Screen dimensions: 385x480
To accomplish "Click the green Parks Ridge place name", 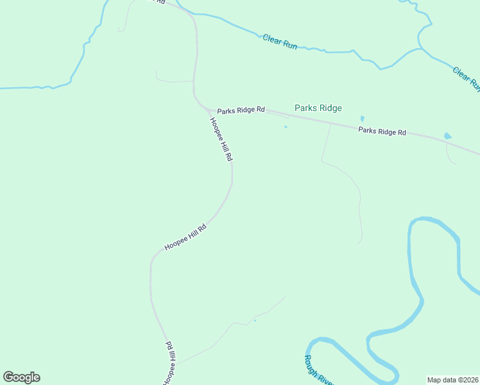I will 318,108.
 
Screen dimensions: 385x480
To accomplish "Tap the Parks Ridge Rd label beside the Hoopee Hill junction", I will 241,110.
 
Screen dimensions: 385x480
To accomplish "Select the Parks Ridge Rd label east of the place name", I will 382,132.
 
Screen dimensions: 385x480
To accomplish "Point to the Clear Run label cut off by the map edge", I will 467,78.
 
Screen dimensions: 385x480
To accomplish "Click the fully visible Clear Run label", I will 280,42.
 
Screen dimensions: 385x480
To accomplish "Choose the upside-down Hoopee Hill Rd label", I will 168,363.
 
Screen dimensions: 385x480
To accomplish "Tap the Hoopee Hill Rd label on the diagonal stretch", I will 185,237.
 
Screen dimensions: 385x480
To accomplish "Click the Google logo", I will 21,377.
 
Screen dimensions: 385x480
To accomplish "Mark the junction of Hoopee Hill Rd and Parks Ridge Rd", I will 207,109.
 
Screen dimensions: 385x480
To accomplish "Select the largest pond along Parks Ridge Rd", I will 447,136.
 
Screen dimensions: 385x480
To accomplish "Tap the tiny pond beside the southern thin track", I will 255,320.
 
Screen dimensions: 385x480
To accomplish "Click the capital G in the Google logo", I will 8,377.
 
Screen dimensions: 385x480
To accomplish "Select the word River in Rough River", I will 325,379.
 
